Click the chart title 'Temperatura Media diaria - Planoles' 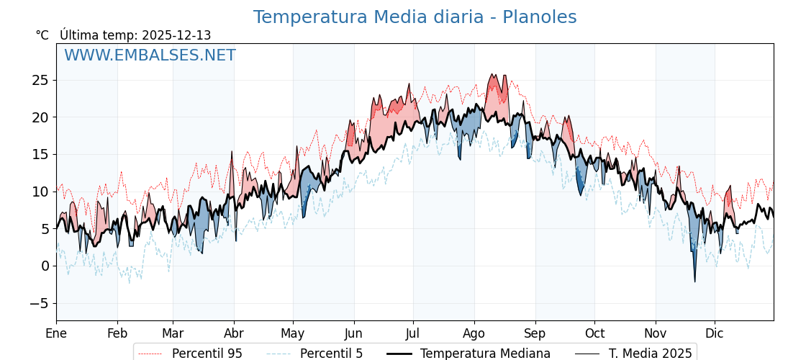pos(415,17)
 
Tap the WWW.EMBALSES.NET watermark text pos(150,55)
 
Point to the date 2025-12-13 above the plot pos(176,35)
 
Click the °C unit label pos(42,35)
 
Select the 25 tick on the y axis pos(40,80)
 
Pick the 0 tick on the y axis pos(45,266)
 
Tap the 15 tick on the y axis pos(40,154)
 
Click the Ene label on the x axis pos(56,333)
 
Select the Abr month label pos(234,333)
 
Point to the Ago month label pos(474,333)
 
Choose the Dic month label pos(715,333)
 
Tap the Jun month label pos(353,333)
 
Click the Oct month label pos(594,333)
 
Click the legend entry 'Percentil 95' pos(207,354)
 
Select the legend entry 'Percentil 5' pos(331,354)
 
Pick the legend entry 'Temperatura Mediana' pos(485,354)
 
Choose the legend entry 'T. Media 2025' pos(650,354)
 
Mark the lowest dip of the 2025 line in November pos(695,282)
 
